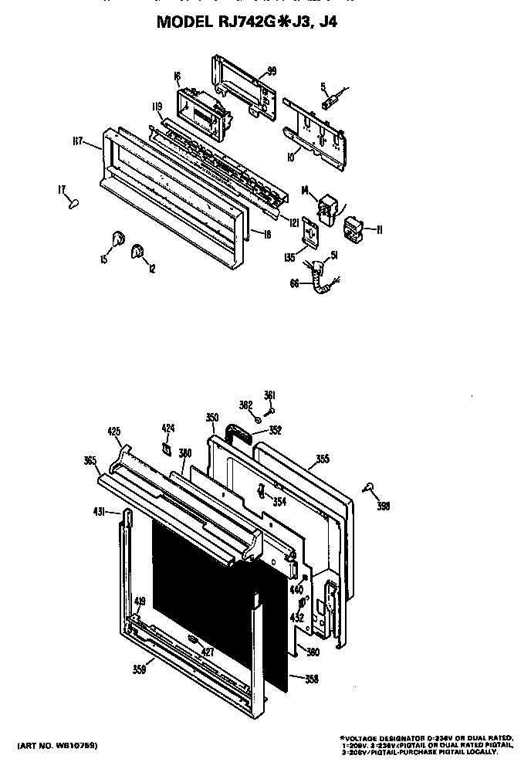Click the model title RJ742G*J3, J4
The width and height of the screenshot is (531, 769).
(x=246, y=22)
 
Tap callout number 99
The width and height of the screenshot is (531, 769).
(x=271, y=71)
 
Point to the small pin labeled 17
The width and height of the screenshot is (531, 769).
(x=73, y=202)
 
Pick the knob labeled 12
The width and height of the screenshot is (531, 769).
(x=138, y=250)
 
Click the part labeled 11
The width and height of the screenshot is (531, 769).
(x=356, y=228)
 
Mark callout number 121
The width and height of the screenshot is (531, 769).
(x=294, y=222)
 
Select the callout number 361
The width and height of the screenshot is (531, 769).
(x=269, y=395)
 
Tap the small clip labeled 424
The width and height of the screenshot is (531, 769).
(x=166, y=447)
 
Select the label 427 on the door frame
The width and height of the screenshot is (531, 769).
(x=207, y=652)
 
